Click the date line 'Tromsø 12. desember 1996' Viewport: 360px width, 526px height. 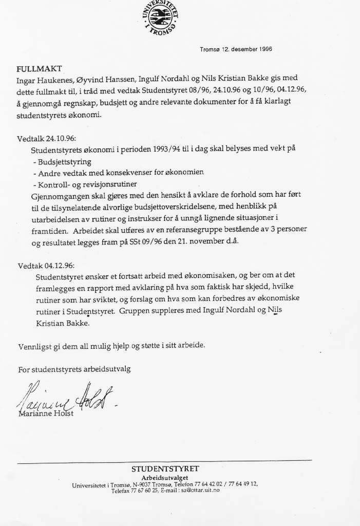[x=236, y=50]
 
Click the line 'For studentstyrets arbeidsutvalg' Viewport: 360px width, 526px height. [x=78, y=369]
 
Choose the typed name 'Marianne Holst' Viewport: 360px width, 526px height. [x=46, y=414]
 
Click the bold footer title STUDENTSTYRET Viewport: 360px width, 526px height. [x=165, y=469]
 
